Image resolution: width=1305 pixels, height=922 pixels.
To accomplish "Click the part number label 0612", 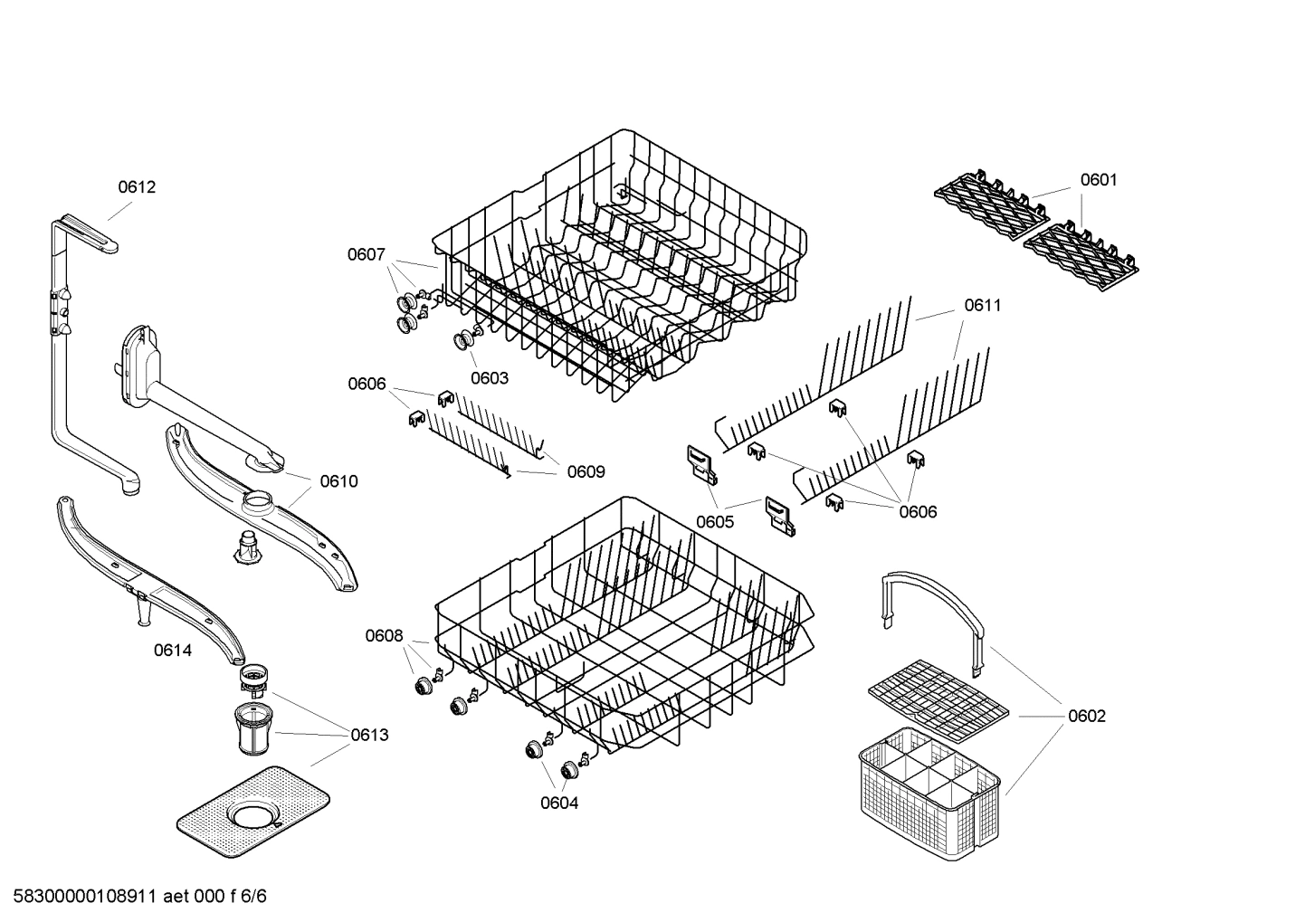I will (x=137, y=187).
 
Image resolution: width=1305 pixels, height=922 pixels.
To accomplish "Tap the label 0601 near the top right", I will (x=1099, y=180).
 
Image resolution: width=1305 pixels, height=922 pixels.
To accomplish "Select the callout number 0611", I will (x=983, y=306).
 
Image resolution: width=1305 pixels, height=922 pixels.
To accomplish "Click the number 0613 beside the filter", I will (x=369, y=735).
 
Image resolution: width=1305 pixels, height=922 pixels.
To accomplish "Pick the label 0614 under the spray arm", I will (x=172, y=650).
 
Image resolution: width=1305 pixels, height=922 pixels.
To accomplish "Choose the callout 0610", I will (x=338, y=481).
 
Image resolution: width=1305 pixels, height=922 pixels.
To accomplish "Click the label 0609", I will (x=586, y=471).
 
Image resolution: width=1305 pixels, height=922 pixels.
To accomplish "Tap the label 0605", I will (x=715, y=521).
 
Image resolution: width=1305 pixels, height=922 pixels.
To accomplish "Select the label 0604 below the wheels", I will (x=559, y=803).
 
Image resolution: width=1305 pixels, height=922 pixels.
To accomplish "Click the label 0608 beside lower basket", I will (x=384, y=636).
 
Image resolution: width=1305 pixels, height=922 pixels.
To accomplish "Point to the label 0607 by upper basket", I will (x=367, y=255).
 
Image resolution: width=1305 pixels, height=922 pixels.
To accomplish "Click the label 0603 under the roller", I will (x=490, y=378).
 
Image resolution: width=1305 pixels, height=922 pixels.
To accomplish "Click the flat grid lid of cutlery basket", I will (x=937, y=696).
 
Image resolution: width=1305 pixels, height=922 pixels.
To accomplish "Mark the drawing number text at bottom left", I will (x=135, y=897).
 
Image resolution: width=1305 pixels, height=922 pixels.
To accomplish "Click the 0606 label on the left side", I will (x=367, y=384).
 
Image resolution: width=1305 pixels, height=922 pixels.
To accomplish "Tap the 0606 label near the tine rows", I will (x=918, y=512).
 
